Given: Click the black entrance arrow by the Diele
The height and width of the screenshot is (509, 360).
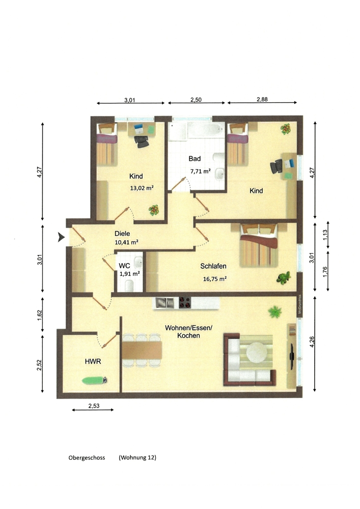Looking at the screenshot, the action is pos(61,237).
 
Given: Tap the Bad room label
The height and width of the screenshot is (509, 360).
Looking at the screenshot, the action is pos(195,159).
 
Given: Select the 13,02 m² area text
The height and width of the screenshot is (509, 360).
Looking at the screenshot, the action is pos(142,188).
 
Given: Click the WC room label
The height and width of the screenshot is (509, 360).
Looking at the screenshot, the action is pos(124,266).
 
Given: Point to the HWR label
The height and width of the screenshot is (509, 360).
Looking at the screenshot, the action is pos(93,361).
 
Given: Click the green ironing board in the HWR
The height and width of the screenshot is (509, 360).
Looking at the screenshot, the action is pos(95,380).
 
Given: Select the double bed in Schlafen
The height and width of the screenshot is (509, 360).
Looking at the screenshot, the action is pos(259,245).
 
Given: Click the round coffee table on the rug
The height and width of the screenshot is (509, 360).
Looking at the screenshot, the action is pos(257,352).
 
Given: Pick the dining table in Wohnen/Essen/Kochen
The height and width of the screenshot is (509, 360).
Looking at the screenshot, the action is pos(142,350).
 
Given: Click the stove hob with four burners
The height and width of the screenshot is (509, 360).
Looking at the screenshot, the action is pos(185,303).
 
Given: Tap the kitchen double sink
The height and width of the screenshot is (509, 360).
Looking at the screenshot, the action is pos(165,303).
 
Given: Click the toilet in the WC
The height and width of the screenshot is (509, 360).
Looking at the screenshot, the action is pos(129,285).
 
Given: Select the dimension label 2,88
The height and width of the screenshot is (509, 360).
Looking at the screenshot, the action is pos(262,99).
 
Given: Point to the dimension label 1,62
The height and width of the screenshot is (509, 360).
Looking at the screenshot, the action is pos(40,315).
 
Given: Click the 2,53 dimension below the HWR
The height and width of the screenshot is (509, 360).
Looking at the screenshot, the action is pos(94,406).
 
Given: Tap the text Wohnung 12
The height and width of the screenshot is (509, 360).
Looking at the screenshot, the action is pos(137,458).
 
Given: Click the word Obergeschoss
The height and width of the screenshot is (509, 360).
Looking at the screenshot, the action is pos(87,458).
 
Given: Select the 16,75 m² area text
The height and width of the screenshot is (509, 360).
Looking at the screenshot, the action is pos(214,278).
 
